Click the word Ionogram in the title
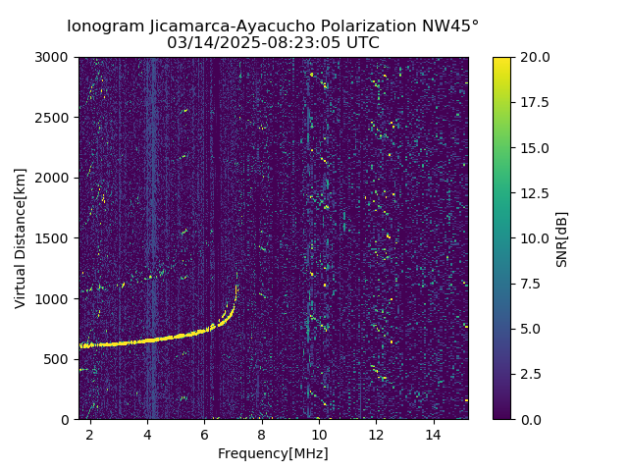(102, 26)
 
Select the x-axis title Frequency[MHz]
(273, 453)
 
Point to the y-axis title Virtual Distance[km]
(21, 238)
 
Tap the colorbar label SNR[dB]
(562, 238)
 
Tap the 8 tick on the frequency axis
(262, 434)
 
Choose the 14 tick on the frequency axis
(434, 434)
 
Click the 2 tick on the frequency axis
(90, 434)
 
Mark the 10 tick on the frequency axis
(319, 434)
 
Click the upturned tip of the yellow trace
(236, 287)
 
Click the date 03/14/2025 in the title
(206, 43)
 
